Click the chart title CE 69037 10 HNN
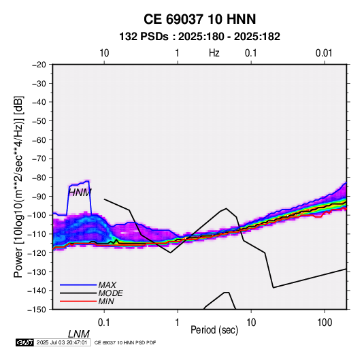[199, 19]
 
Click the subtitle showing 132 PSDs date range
[199, 37]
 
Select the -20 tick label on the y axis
[39, 65]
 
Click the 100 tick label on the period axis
[325, 323]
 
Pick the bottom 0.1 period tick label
[104, 323]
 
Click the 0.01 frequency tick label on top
[324, 53]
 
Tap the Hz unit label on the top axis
[214, 53]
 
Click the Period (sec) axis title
[214, 330]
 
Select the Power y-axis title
[18, 186]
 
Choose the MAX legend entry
[107, 285]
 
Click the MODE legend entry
[110, 293]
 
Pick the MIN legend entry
[106, 301]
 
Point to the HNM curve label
[80, 193]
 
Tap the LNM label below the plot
[79, 334]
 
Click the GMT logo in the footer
[24, 342]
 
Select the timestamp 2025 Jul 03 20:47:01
[62, 342]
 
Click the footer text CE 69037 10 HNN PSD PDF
[125, 342]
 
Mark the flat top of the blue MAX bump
[79, 184]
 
